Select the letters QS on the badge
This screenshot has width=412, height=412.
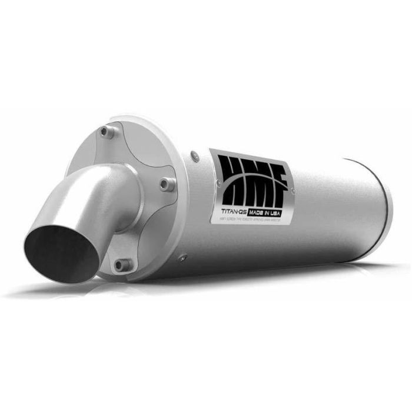point(242,204)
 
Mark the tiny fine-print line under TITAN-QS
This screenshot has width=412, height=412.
point(253,214)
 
